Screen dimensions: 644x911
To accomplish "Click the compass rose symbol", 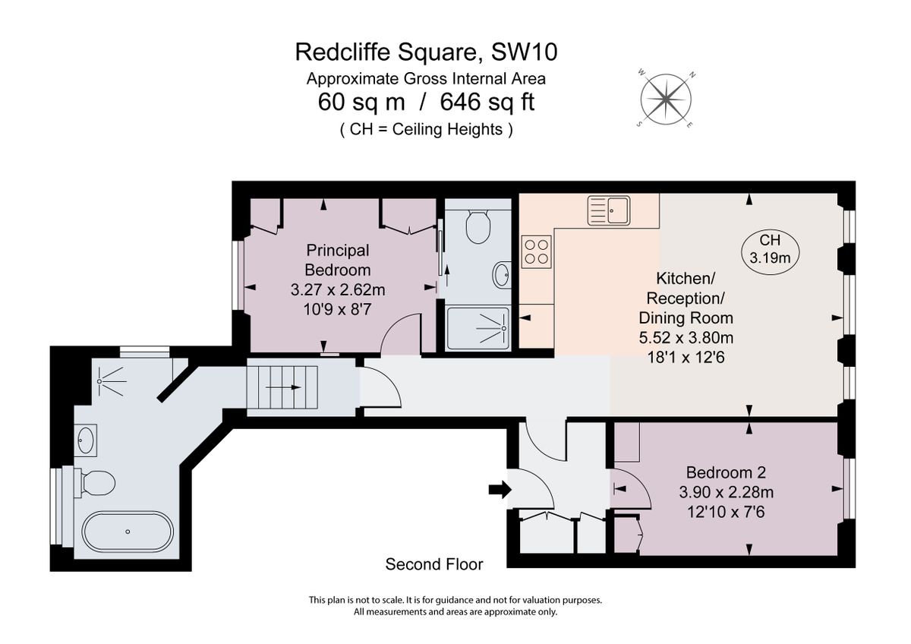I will click(x=666, y=99).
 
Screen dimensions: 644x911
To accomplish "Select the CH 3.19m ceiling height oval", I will click(x=770, y=250).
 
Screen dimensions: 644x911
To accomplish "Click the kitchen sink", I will click(x=607, y=210).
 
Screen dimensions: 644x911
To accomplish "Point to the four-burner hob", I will click(x=537, y=251).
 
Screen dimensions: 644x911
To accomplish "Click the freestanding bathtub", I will click(x=128, y=531).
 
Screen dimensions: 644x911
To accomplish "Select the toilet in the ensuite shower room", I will click(x=478, y=226).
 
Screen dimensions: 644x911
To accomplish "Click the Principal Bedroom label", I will click(x=337, y=260).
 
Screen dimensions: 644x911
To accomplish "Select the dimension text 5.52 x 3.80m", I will click(x=686, y=337).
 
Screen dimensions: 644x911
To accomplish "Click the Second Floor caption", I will click(x=434, y=564).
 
